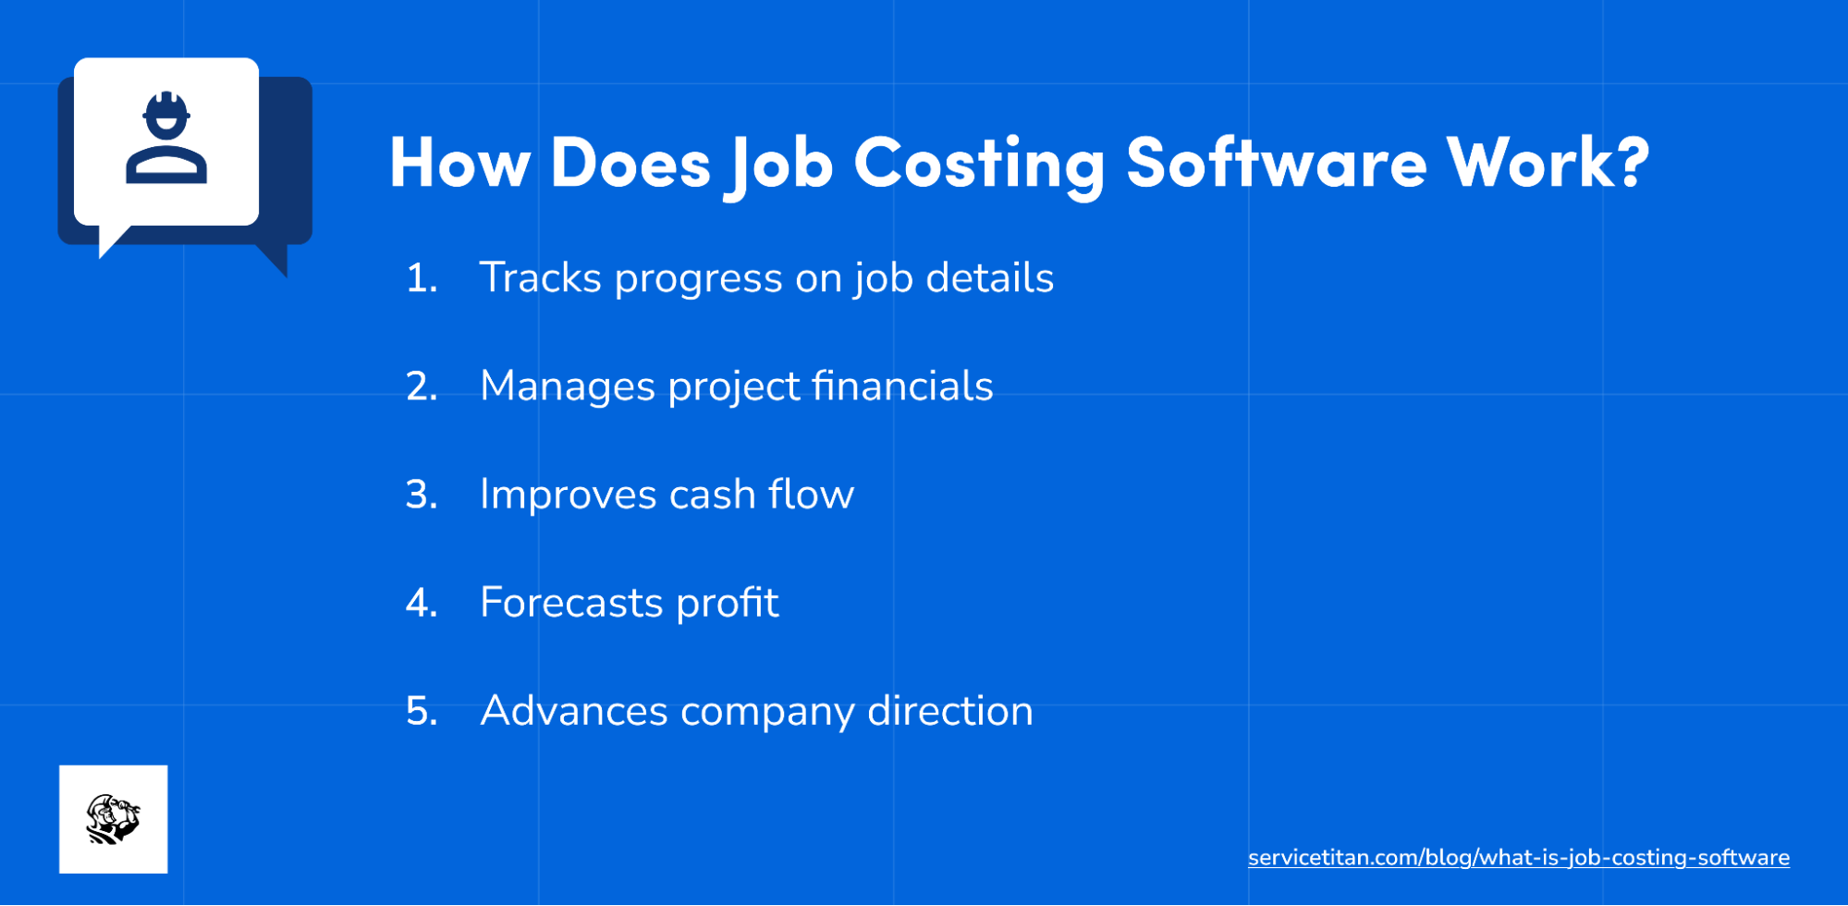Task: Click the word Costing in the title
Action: (978, 163)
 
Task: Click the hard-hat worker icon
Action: (166, 139)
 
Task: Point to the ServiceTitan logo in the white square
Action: (113, 819)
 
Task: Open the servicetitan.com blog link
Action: (1518, 858)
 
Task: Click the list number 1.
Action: (420, 278)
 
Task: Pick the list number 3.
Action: (420, 495)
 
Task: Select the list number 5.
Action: (421, 711)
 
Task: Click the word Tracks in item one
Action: (540, 278)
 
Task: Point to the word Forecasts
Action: (570, 603)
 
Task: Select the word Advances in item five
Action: (573, 711)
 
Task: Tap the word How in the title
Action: (459, 163)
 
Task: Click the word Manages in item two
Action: (567, 386)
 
